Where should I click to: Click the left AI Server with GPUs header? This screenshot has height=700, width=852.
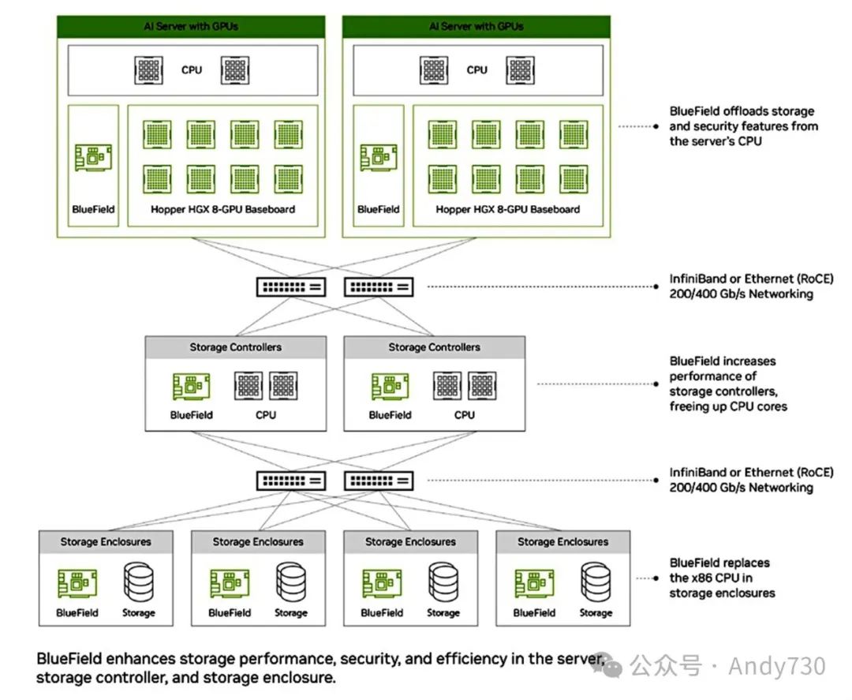point(191,27)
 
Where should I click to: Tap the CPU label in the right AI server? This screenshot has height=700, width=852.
point(476,70)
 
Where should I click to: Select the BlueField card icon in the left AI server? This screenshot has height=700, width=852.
point(93,158)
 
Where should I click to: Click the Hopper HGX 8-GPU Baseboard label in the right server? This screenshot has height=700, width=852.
point(507,209)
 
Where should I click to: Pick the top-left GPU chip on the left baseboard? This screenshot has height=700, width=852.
point(157,134)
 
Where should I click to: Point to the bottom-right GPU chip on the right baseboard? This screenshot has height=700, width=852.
point(574,179)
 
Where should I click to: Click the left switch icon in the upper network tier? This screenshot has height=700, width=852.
point(291,287)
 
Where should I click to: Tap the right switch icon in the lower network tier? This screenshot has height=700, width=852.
point(379,481)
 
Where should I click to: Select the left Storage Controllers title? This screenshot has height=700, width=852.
point(235,347)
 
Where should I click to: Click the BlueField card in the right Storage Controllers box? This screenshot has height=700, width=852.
point(390,387)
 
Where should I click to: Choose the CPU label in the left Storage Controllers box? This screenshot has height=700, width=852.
point(266,415)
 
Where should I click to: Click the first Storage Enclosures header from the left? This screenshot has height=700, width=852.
point(106,542)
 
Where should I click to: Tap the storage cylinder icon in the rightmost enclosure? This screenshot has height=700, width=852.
point(596,582)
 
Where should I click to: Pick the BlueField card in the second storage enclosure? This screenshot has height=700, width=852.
point(230,583)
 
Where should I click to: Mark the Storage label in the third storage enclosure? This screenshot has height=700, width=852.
point(443,613)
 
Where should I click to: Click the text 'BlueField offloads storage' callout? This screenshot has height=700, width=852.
point(742,111)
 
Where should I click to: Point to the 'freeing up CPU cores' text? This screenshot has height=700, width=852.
point(728,406)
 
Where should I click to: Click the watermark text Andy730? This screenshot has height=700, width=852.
point(777,666)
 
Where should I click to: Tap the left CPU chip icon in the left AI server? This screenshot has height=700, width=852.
point(148,71)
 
